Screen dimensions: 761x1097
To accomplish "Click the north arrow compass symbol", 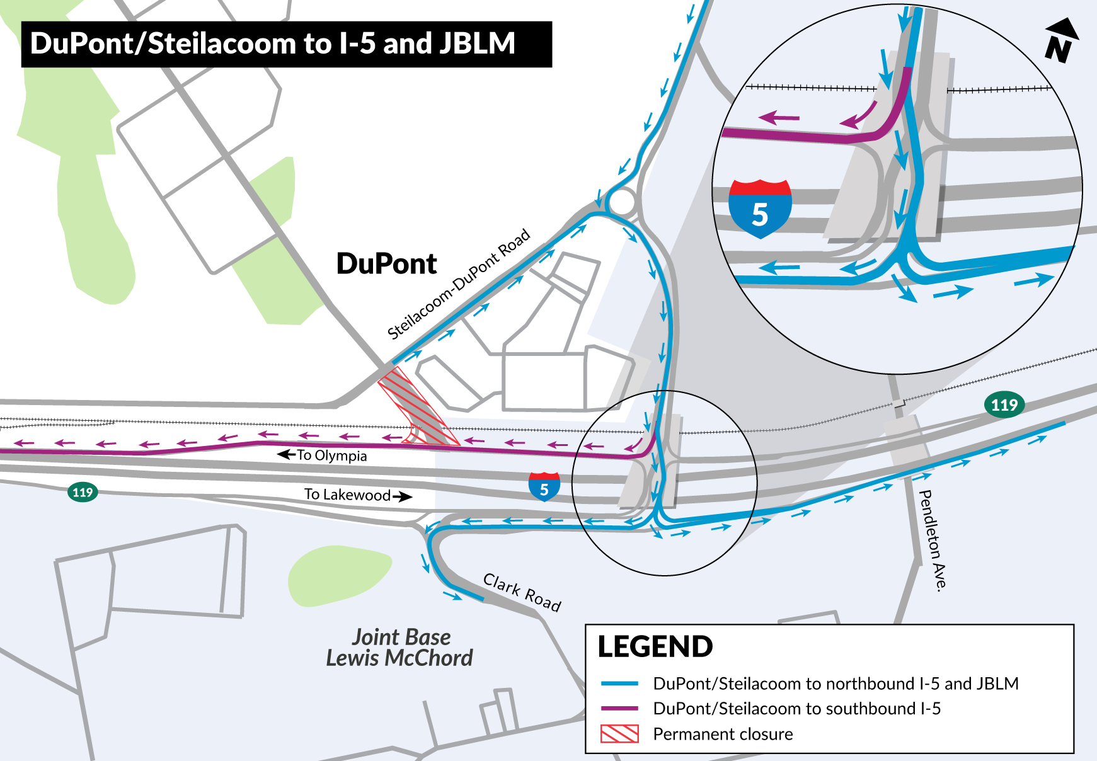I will point(1061,41).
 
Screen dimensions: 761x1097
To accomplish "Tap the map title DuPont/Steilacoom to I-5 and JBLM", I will point(272,44).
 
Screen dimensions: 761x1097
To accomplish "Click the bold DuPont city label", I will point(386,264).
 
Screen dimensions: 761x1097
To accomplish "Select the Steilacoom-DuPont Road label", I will point(458,285).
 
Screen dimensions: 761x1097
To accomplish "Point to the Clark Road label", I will point(522,592).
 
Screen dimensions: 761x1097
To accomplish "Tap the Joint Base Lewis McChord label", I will point(399,648).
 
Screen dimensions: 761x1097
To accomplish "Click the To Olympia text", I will point(331,455).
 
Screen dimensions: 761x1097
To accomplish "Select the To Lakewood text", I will point(348,495).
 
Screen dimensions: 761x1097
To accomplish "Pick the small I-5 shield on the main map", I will point(544,487).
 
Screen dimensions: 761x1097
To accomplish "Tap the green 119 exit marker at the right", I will point(1004,404).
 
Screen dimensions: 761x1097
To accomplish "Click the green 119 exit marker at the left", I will point(83,492).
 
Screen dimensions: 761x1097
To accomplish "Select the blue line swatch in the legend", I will point(619,684).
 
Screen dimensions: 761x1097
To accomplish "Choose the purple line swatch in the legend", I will point(619,709).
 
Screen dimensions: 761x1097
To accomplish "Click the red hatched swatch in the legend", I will point(619,734).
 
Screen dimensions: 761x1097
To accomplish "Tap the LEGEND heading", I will point(655,647).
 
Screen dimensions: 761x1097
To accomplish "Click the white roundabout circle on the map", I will point(622,203).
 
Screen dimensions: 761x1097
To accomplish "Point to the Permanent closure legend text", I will point(723,735).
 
